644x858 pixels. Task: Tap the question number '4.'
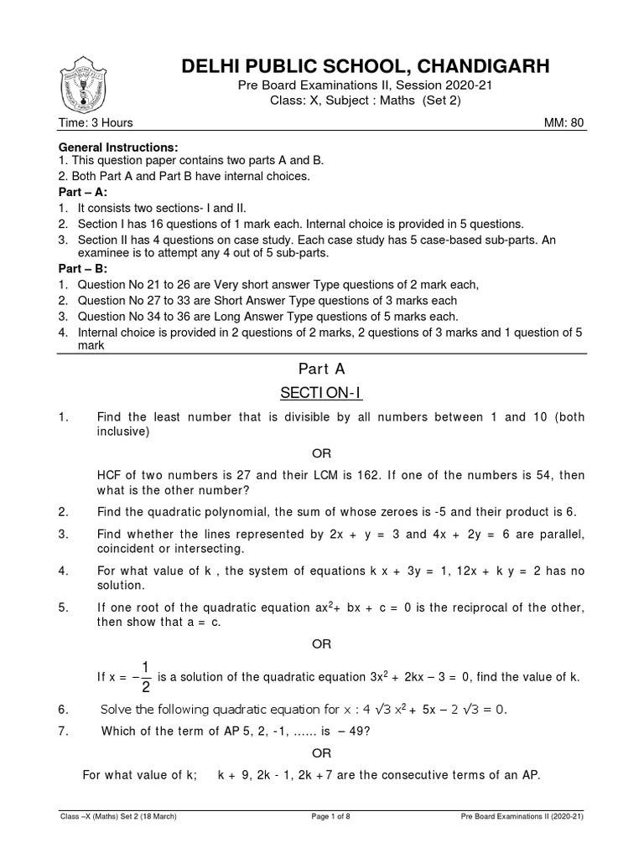coord(63,571)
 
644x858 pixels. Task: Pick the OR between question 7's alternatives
coord(322,752)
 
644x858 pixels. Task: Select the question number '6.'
coord(63,710)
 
